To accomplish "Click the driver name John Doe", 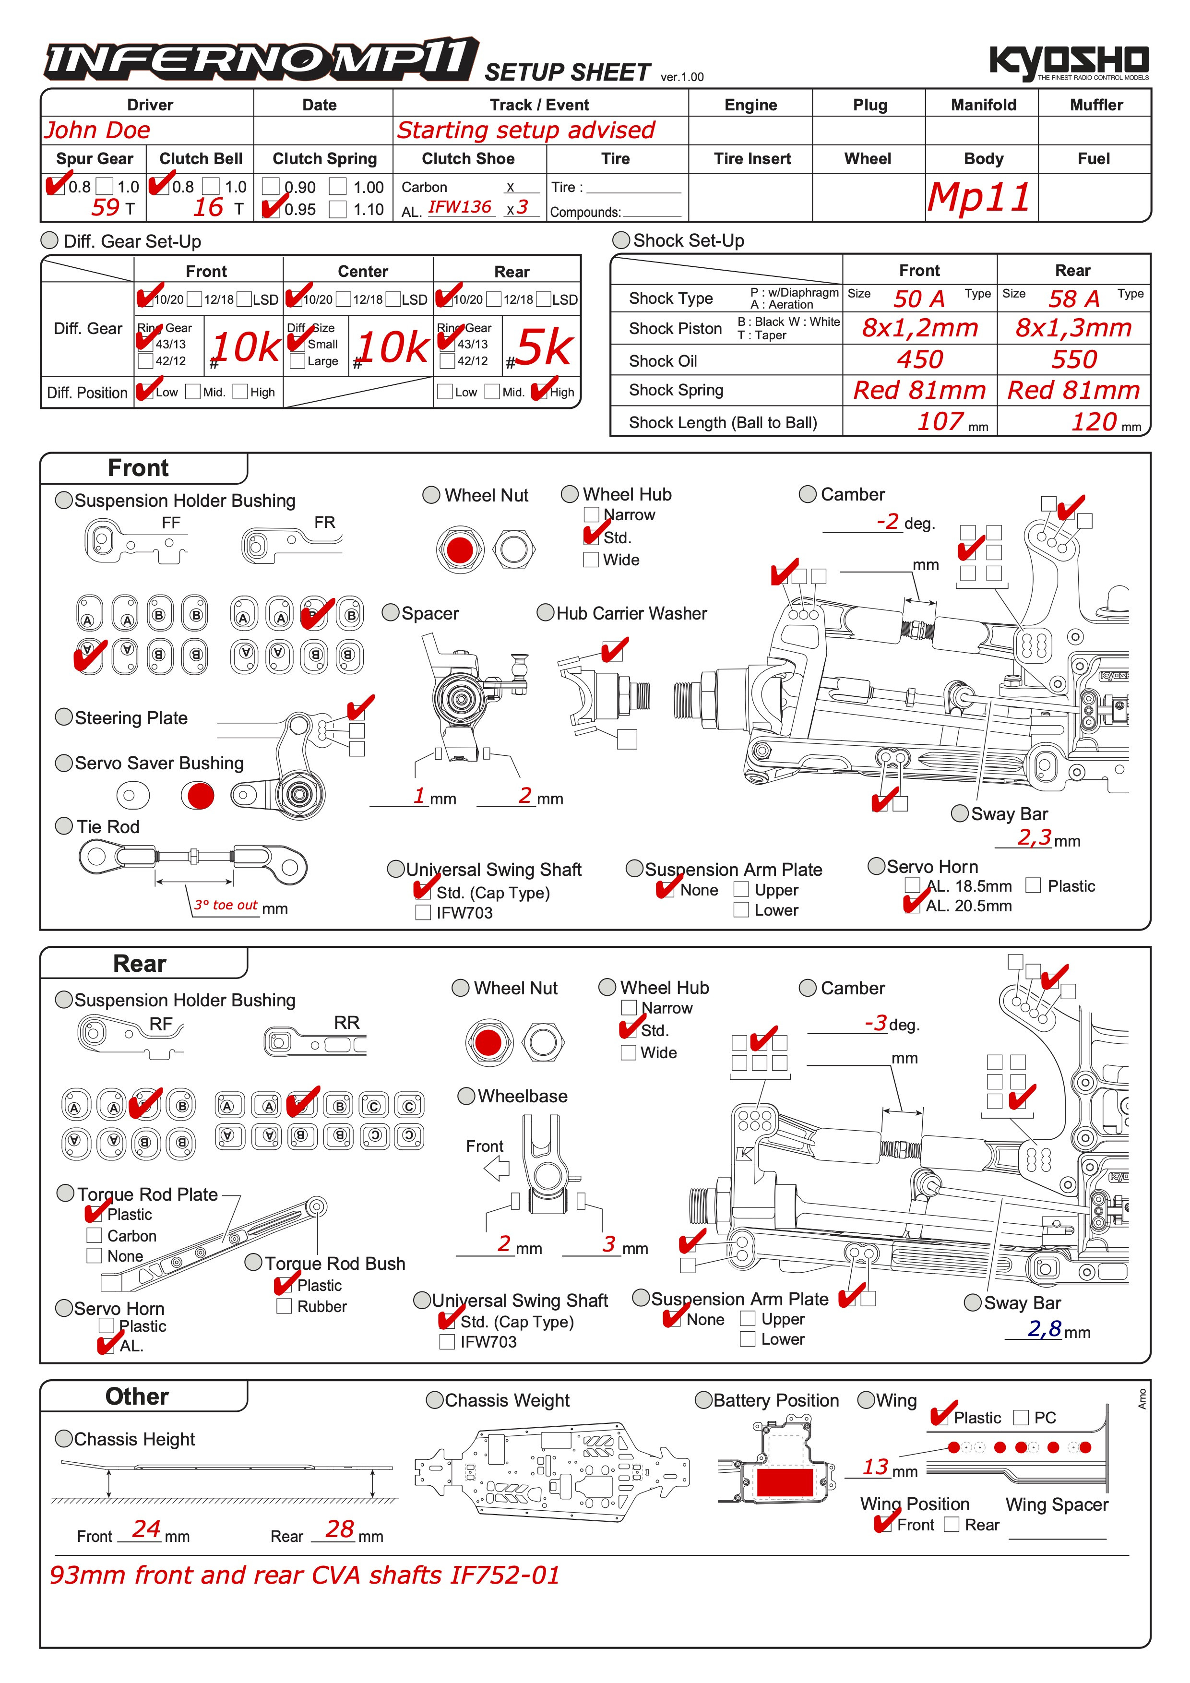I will (x=97, y=131).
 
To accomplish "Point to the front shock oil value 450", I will (x=920, y=359).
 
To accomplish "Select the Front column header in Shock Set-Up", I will (x=919, y=271).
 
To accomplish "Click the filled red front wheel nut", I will (x=459, y=549).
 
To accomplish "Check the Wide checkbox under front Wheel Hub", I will (x=591, y=560).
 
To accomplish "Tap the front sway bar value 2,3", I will (x=1034, y=837).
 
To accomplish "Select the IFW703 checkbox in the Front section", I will (x=423, y=913).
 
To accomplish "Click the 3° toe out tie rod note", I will (x=226, y=905).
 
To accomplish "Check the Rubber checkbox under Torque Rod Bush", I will (x=285, y=1306).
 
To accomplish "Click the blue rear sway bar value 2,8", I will (x=1044, y=1328).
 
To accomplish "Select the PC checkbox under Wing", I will (x=1021, y=1418).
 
